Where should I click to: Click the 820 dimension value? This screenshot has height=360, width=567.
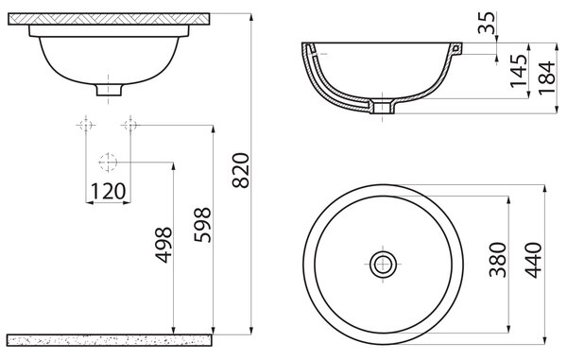pos(241,170)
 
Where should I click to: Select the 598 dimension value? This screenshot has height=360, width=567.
pos(202,225)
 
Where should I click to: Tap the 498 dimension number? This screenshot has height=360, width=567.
pos(163,245)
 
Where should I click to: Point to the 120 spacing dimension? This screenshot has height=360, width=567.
pos(108,191)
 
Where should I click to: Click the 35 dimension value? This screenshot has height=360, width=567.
pos(487,23)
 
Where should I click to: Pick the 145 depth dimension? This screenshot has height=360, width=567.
pos(519,71)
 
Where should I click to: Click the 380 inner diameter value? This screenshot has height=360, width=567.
pos(498,260)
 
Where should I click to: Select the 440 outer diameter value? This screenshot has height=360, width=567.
pos(534,260)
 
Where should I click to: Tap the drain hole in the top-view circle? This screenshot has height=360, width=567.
pos(383,265)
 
